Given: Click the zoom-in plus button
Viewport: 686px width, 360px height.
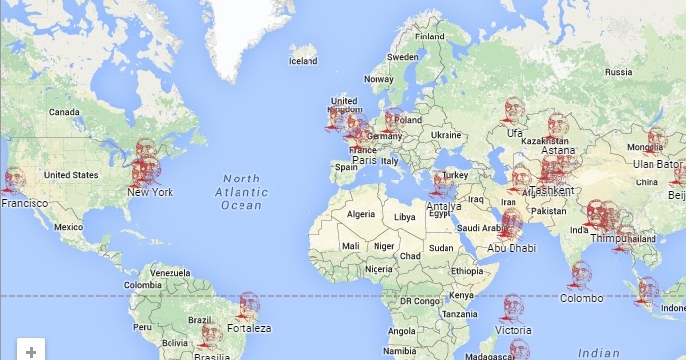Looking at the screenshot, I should [x=32, y=351].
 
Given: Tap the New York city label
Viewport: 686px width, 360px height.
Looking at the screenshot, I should [x=150, y=192].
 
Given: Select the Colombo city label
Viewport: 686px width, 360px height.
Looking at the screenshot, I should [x=582, y=297].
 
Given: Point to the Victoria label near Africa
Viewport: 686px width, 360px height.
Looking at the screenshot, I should [x=513, y=330].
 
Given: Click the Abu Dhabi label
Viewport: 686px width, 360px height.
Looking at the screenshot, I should [x=512, y=248].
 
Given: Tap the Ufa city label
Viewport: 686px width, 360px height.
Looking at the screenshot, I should [x=514, y=133].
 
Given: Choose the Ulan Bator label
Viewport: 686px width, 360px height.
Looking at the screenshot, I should [x=657, y=164].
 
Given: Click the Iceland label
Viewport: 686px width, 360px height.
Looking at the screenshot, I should [x=303, y=61].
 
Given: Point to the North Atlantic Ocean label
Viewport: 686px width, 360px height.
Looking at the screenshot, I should [x=240, y=191].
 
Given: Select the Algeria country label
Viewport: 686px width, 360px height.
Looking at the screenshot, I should [x=362, y=213].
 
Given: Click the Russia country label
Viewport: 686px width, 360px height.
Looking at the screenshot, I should [x=618, y=72].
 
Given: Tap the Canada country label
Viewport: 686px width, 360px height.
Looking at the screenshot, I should [x=64, y=112].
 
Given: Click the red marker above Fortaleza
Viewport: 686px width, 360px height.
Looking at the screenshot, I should [x=247, y=306].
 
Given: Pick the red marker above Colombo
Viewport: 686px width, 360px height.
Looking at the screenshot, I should [x=582, y=273].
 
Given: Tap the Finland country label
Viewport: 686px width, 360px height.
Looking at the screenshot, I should [x=429, y=37].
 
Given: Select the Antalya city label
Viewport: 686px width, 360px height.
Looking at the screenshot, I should [x=444, y=206].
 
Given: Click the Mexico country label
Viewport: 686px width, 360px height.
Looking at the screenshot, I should [x=69, y=226].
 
